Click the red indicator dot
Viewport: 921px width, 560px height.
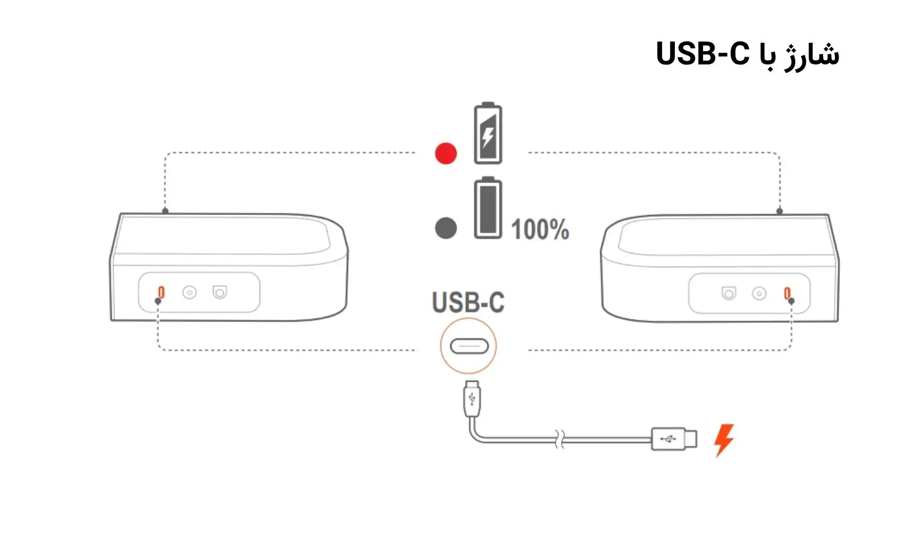[x=445, y=154]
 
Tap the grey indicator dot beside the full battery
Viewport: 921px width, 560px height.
[x=445, y=228]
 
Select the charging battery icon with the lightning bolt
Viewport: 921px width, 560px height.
[x=488, y=133]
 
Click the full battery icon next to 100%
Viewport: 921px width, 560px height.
[x=488, y=208]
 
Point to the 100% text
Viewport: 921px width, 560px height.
[x=540, y=229]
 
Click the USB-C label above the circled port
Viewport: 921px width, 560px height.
[x=468, y=302]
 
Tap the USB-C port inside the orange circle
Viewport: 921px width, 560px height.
[x=469, y=346]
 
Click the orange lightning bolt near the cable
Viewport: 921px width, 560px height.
[x=724, y=440]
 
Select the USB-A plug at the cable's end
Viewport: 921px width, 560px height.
[x=674, y=439]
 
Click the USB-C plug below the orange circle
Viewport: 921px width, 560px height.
[x=472, y=399]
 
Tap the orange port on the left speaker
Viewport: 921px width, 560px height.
[x=161, y=292]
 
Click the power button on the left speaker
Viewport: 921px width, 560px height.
[x=189, y=292]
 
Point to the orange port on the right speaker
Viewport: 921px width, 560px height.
[x=787, y=293]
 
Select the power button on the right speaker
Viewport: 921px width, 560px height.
[x=759, y=294]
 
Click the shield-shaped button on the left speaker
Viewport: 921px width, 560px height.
[x=220, y=292]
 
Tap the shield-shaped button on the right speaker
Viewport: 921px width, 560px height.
[x=729, y=294]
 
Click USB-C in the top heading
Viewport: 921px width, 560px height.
[x=702, y=54]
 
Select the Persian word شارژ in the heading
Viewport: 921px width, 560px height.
[x=811, y=55]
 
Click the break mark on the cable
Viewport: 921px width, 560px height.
[x=560, y=439]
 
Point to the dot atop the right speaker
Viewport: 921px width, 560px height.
[x=779, y=211]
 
